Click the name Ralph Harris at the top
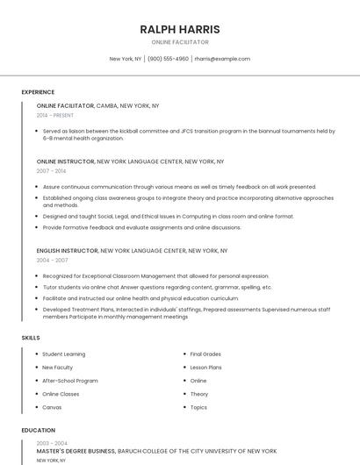(180, 29)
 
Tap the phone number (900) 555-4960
(168, 59)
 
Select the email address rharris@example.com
(222, 59)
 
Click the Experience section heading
(38, 92)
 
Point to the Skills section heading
(31, 338)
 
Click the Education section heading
(38, 431)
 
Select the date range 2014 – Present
(55, 115)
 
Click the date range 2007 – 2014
(51, 171)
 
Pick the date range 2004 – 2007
(52, 261)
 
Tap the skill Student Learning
(64, 354)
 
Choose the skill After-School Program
(70, 381)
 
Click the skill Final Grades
(205, 354)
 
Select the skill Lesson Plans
(205, 368)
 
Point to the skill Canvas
(52, 407)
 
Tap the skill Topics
(198, 407)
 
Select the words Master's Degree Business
(76, 451)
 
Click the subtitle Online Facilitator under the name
(180, 42)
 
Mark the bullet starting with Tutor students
(157, 287)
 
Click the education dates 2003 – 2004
(52, 443)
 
